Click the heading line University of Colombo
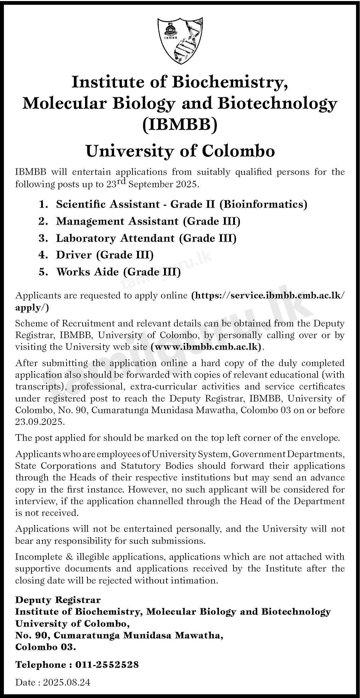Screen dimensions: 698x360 click(x=180, y=151)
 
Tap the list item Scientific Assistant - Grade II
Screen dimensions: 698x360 click(x=181, y=204)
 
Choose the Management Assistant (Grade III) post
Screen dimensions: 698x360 click(x=148, y=221)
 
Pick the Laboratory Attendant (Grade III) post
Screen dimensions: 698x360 click(x=146, y=238)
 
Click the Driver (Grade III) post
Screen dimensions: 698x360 click(x=105, y=255)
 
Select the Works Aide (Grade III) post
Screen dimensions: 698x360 click(x=118, y=272)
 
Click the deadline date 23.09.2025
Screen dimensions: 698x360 click(x=40, y=422)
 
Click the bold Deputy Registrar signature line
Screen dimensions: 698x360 click(x=58, y=600)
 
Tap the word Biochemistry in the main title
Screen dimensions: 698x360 click(x=229, y=83)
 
